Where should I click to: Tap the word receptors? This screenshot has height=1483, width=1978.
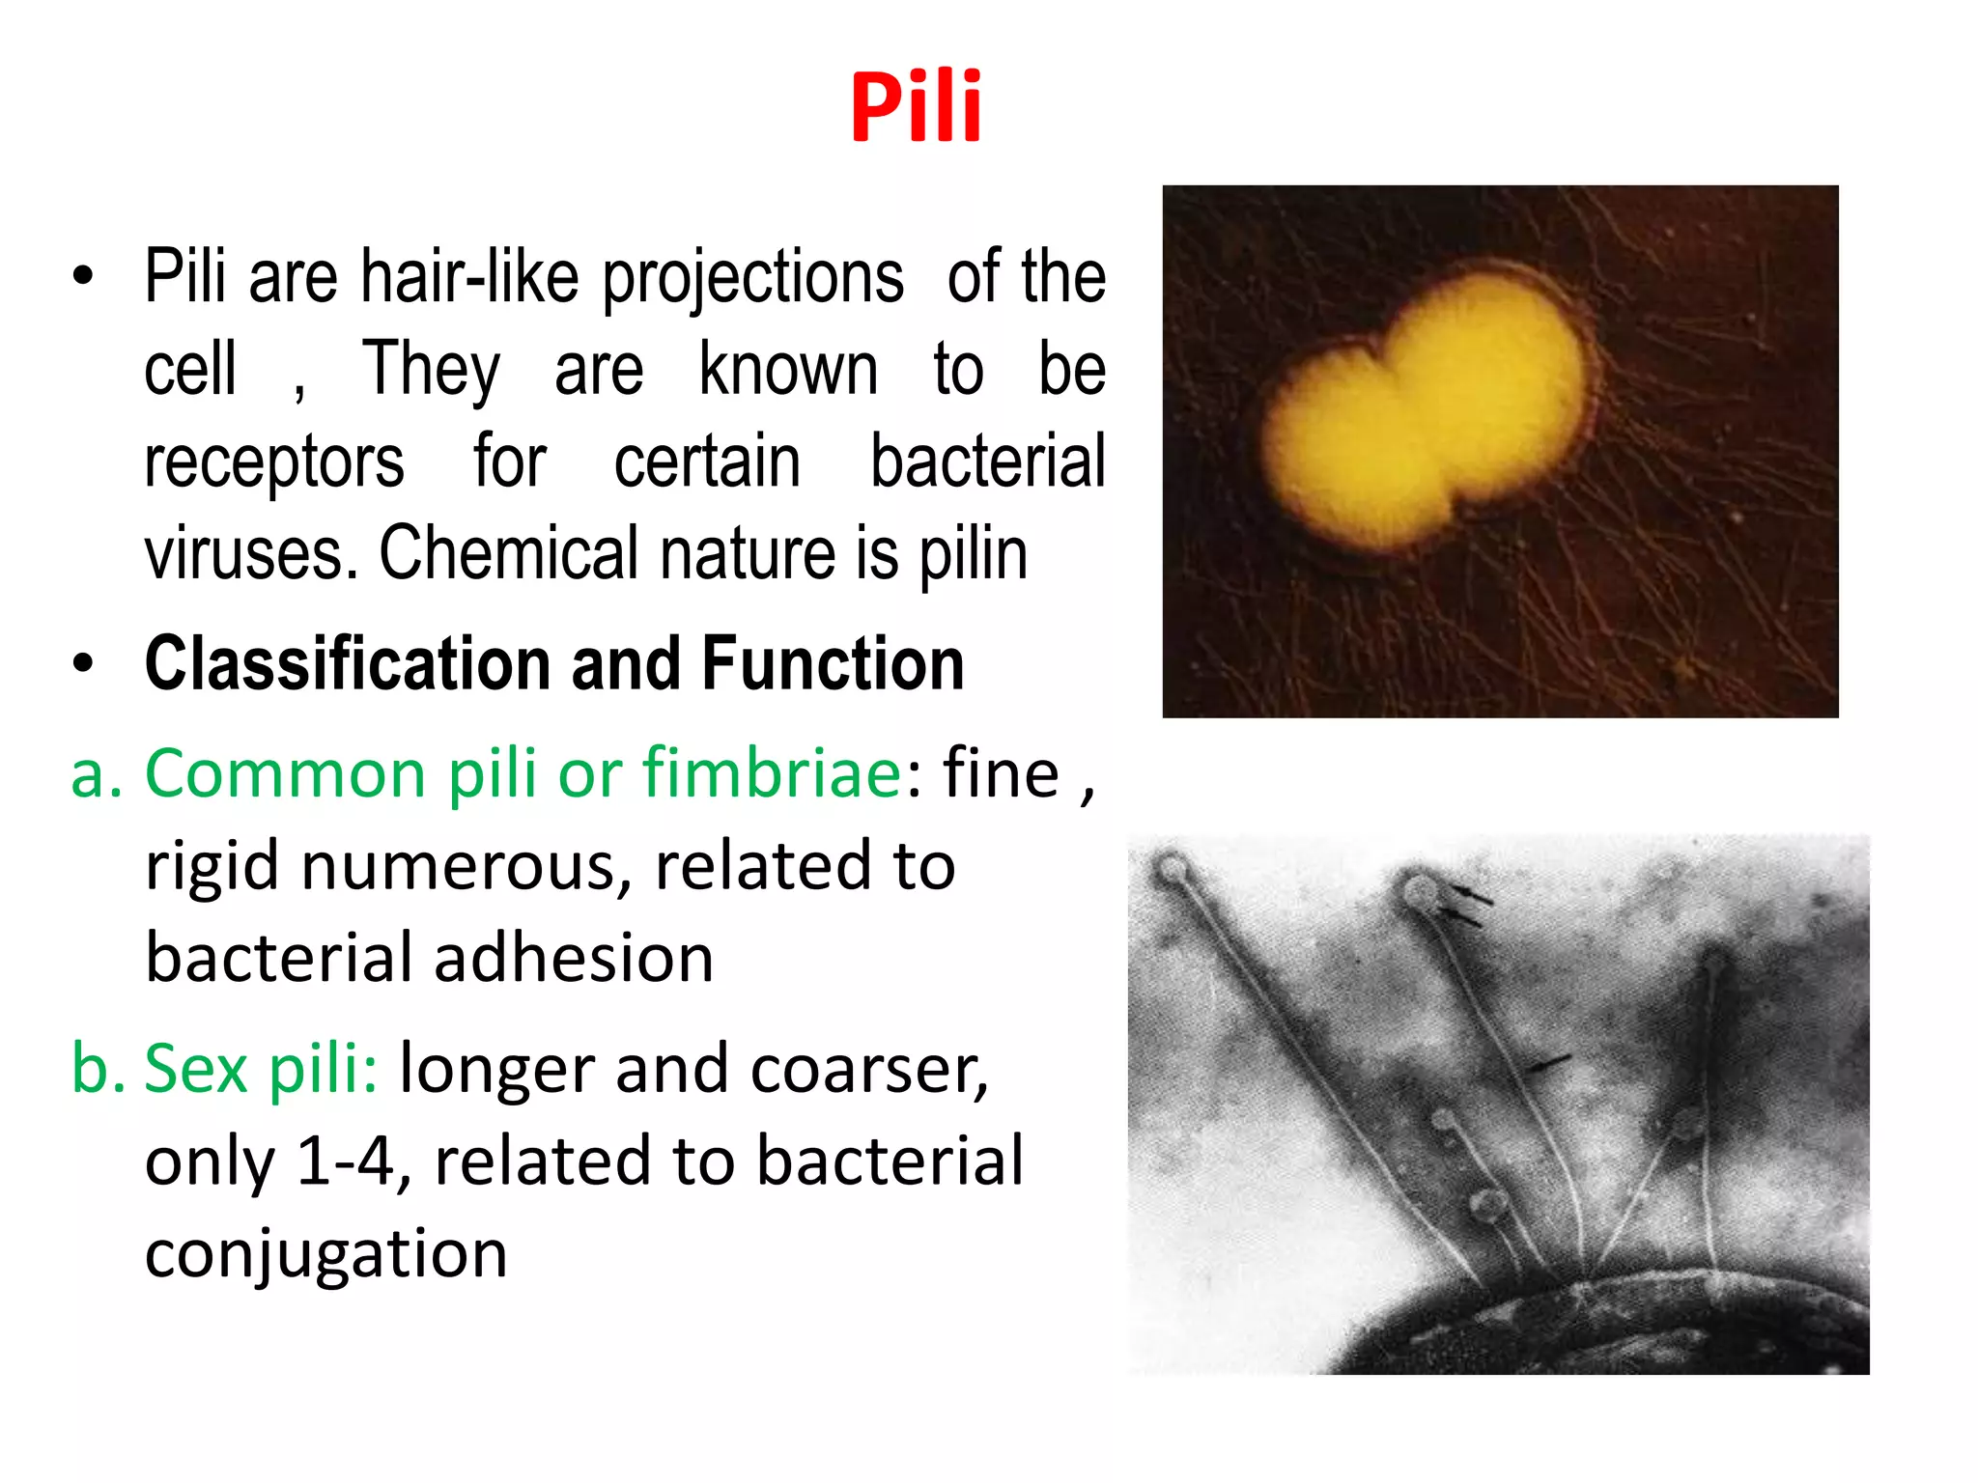pos(274,462)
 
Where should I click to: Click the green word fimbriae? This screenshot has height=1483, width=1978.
pos(773,773)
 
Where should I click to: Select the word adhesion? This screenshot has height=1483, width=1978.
pos(574,958)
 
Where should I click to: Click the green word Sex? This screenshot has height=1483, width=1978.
pos(196,1069)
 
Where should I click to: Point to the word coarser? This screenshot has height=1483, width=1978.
pos(869,1070)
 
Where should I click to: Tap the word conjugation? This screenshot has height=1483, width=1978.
pos(325,1253)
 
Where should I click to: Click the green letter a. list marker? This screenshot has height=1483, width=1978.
pos(97,773)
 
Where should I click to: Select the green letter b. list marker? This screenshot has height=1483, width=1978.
pos(98,1069)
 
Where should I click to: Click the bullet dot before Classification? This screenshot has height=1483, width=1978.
pos(83,664)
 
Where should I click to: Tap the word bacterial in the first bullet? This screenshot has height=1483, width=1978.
pos(987,462)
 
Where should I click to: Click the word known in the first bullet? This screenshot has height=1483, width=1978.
pos(788,370)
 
